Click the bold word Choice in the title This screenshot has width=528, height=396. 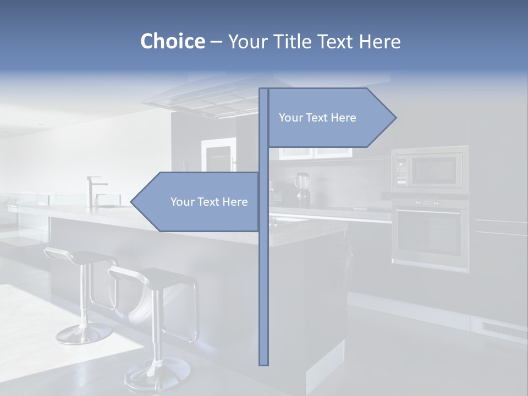tap(172, 41)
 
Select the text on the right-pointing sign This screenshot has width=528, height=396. tap(317, 118)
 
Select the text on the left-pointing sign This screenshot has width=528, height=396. tap(209, 202)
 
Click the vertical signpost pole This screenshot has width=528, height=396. tap(263, 275)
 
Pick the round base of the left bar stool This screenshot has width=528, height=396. tap(84, 333)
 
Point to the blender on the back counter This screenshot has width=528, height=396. tap(303, 189)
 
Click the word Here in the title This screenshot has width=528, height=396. tap(380, 42)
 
